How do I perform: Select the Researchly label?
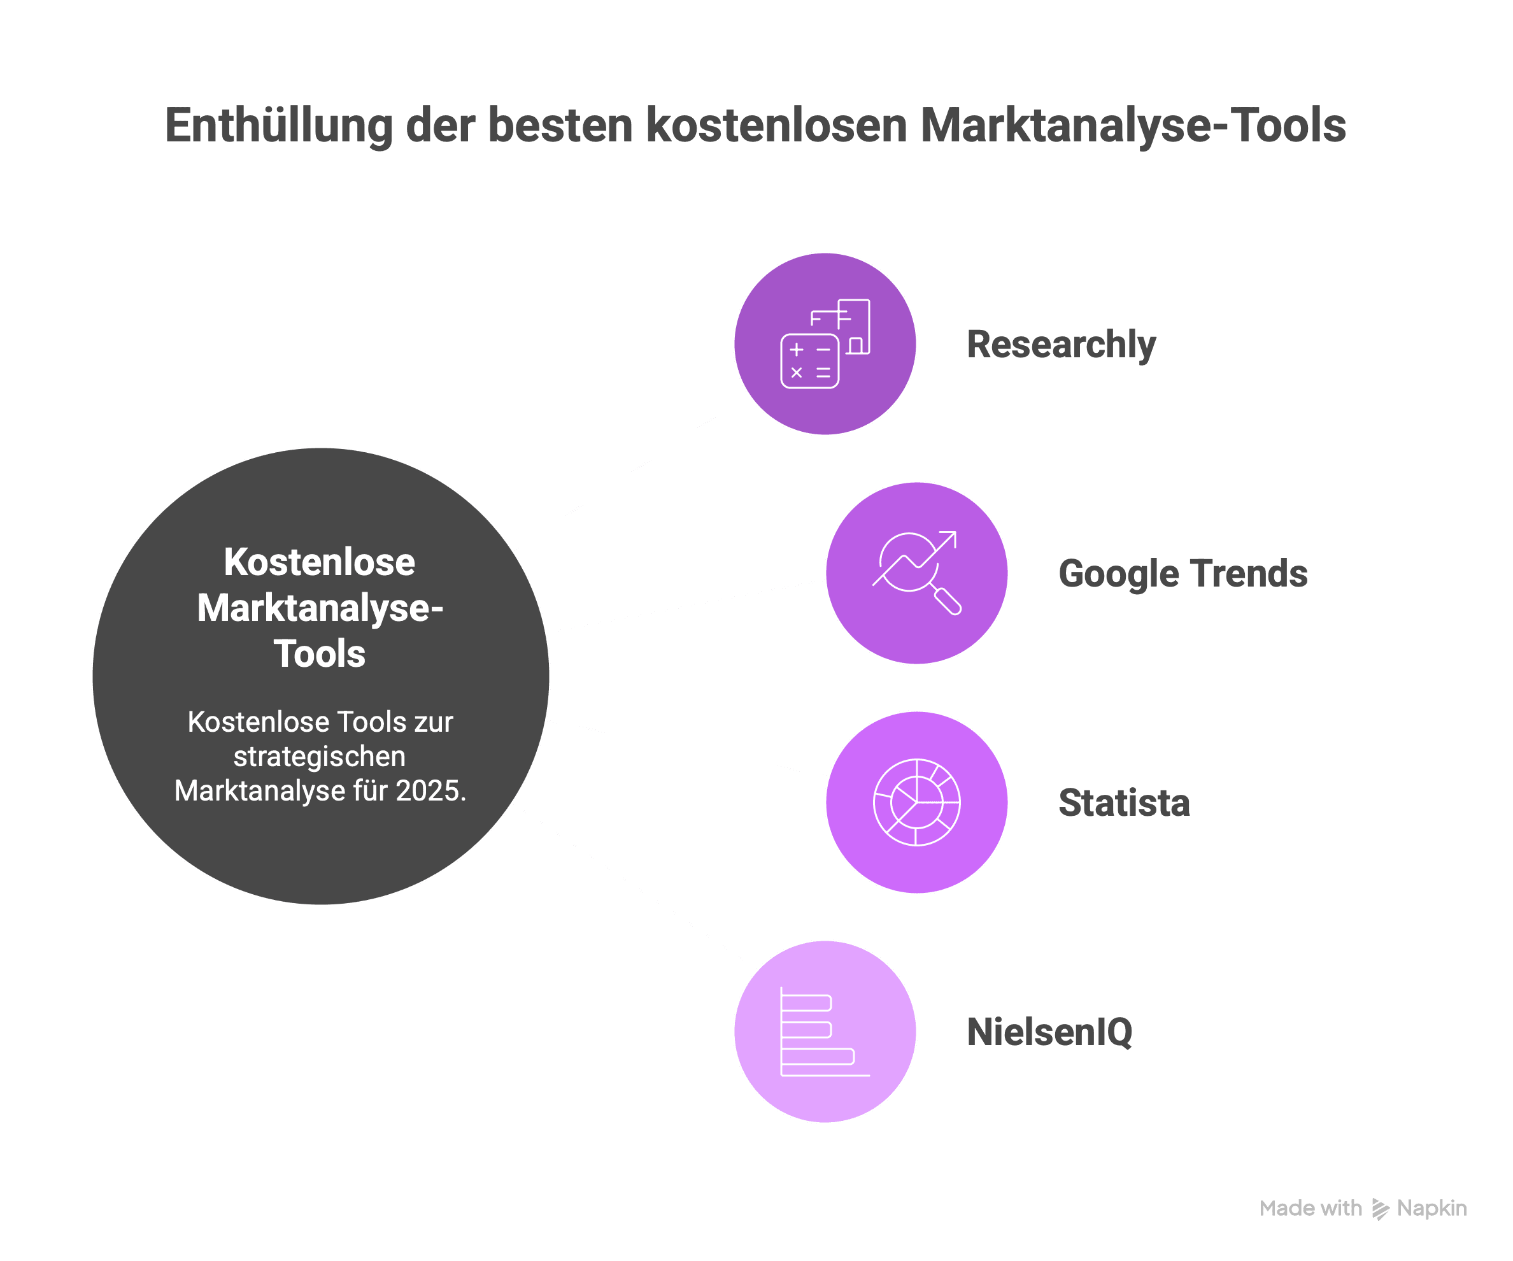1060,345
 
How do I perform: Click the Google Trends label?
1183,574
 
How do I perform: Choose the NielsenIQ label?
1049,1032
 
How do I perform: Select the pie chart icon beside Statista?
916,802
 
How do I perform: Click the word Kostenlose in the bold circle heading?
319,562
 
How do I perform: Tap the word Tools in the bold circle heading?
319,654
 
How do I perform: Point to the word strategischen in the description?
319,757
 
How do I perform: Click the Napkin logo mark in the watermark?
1380,1208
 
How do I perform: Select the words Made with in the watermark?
1311,1208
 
